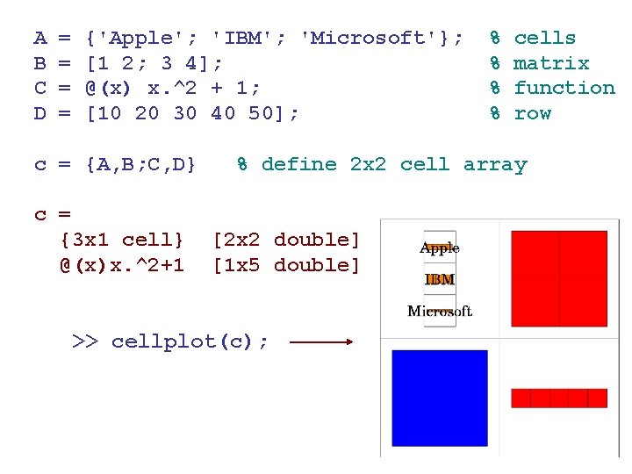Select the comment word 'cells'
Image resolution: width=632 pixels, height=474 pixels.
click(x=544, y=38)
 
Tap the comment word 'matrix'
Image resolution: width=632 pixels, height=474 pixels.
click(x=550, y=63)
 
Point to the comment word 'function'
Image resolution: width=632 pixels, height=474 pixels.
click(x=564, y=88)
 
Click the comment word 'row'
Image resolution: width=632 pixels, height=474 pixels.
click(x=532, y=113)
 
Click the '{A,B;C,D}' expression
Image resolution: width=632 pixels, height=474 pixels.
click(x=140, y=164)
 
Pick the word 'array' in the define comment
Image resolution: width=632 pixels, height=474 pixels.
click(x=495, y=164)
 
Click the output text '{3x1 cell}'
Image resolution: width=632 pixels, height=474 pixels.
click(x=122, y=240)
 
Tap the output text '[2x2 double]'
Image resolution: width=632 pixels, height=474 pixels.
click(x=286, y=240)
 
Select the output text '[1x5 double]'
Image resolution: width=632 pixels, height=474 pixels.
click(x=286, y=265)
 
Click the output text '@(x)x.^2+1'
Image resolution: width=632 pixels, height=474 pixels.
click(x=122, y=265)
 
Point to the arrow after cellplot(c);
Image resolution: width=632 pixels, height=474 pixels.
click(x=320, y=342)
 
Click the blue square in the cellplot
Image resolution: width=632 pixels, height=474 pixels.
click(x=439, y=398)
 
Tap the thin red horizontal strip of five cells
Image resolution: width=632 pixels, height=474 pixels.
click(x=559, y=399)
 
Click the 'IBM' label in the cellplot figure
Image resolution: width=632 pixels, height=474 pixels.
click(x=439, y=280)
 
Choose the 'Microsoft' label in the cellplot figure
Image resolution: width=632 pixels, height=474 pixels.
click(x=439, y=311)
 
